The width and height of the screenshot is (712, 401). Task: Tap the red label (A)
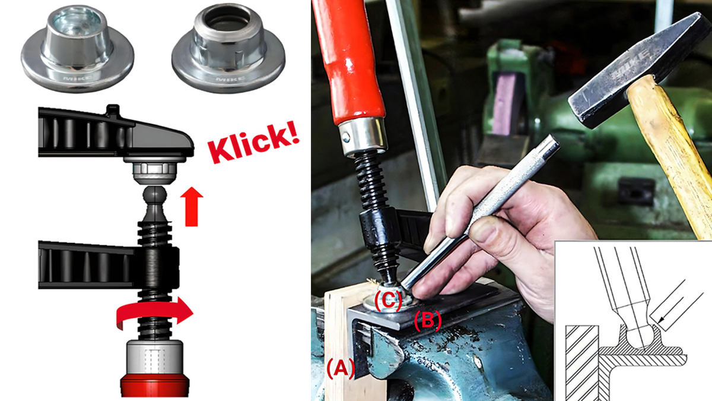(340, 369)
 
